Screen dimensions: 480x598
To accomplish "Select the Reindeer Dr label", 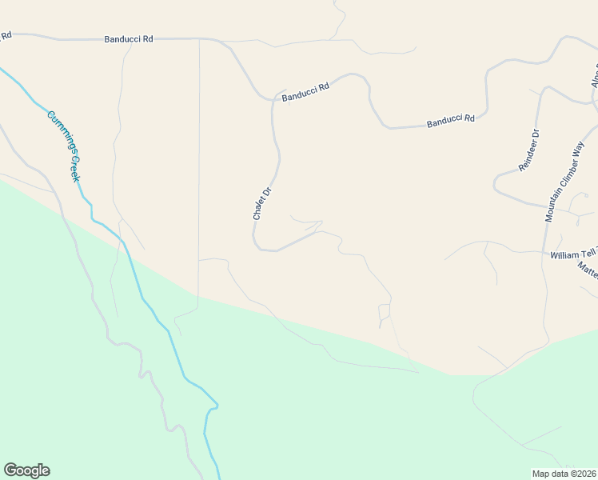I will (529, 150).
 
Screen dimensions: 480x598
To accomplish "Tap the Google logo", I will (26, 470).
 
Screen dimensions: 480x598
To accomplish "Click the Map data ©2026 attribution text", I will (564, 474).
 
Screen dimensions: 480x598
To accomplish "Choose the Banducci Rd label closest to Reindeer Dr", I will (451, 120).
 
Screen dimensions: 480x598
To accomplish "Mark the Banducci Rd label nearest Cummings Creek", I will (128, 38).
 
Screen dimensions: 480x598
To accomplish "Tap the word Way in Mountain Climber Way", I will (579, 147).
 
